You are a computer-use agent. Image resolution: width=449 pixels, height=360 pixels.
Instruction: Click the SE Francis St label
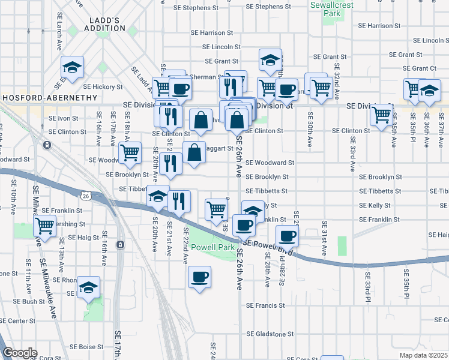(x=265, y=305)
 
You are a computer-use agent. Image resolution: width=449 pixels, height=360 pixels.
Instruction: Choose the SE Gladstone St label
(x=268, y=334)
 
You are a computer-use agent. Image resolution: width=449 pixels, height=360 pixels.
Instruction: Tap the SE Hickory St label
(x=103, y=87)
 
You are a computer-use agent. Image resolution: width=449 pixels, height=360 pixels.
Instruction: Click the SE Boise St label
(x=87, y=347)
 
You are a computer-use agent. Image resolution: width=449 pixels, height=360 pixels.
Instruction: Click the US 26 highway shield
(x=85, y=195)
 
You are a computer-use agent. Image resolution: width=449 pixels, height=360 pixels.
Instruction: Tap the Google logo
(x=20, y=353)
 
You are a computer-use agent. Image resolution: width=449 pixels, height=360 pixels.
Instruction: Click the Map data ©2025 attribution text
(x=424, y=355)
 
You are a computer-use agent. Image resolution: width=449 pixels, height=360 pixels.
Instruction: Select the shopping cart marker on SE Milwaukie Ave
(x=44, y=226)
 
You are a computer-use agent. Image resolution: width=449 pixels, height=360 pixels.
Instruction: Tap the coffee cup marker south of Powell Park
(x=199, y=277)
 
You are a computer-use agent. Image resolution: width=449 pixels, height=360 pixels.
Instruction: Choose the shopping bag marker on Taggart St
(x=195, y=153)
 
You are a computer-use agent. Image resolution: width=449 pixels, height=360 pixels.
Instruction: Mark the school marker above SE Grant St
(x=270, y=60)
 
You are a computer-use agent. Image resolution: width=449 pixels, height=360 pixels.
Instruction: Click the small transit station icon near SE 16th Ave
(x=121, y=245)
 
